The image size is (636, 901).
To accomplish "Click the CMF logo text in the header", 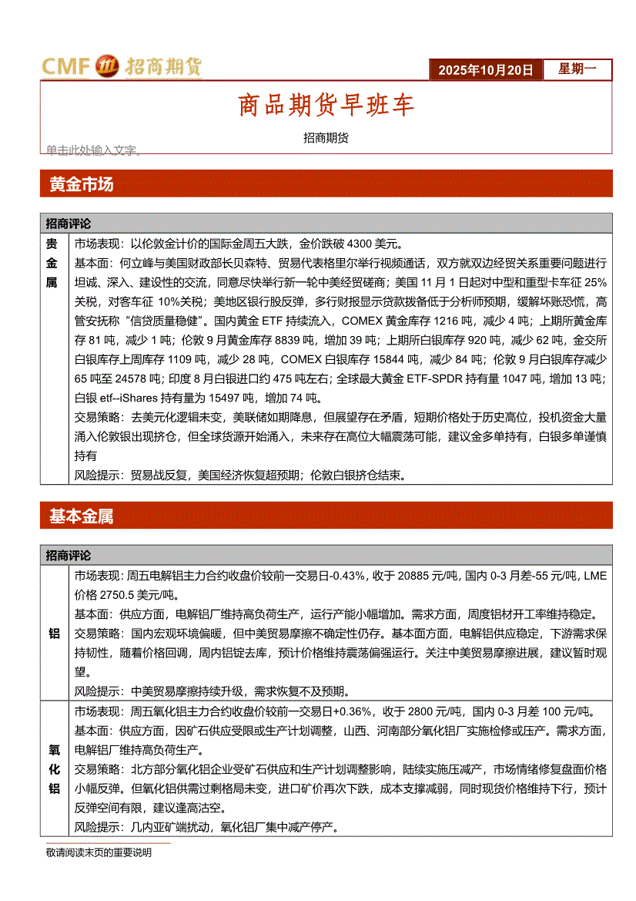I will click(66, 67).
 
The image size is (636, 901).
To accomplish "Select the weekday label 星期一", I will click(577, 69).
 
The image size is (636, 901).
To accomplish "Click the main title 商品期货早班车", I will click(326, 105).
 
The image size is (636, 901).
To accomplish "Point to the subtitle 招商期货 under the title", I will click(326, 138).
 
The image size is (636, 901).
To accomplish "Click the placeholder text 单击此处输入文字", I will click(93, 150).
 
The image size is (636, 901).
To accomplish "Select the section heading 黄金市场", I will click(81, 185).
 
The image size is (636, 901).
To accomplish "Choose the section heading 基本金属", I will click(81, 516).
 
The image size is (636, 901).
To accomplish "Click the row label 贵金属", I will click(52, 263).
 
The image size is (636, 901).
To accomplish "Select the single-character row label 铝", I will click(54, 634).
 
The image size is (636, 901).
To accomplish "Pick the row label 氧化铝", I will click(54, 768).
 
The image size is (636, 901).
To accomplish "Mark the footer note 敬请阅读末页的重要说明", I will click(99, 853).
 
